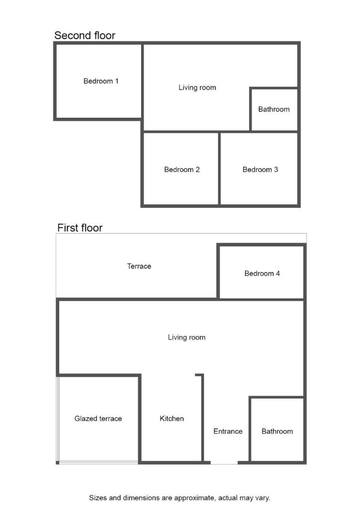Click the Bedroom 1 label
point(100,81)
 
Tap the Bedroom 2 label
point(182,170)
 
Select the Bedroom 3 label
point(261,170)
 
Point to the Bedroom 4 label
point(262,273)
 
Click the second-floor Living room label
point(197,87)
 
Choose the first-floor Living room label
point(186,338)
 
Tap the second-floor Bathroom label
point(274,109)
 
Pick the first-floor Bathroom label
point(277,431)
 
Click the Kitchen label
point(172,419)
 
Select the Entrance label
point(228,431)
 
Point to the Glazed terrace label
point(98,419)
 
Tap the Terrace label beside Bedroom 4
point(139,266)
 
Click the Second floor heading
point(85,35)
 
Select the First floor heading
point(80,228)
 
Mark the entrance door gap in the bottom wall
point(224,462)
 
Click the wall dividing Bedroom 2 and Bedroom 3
point(219,169)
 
